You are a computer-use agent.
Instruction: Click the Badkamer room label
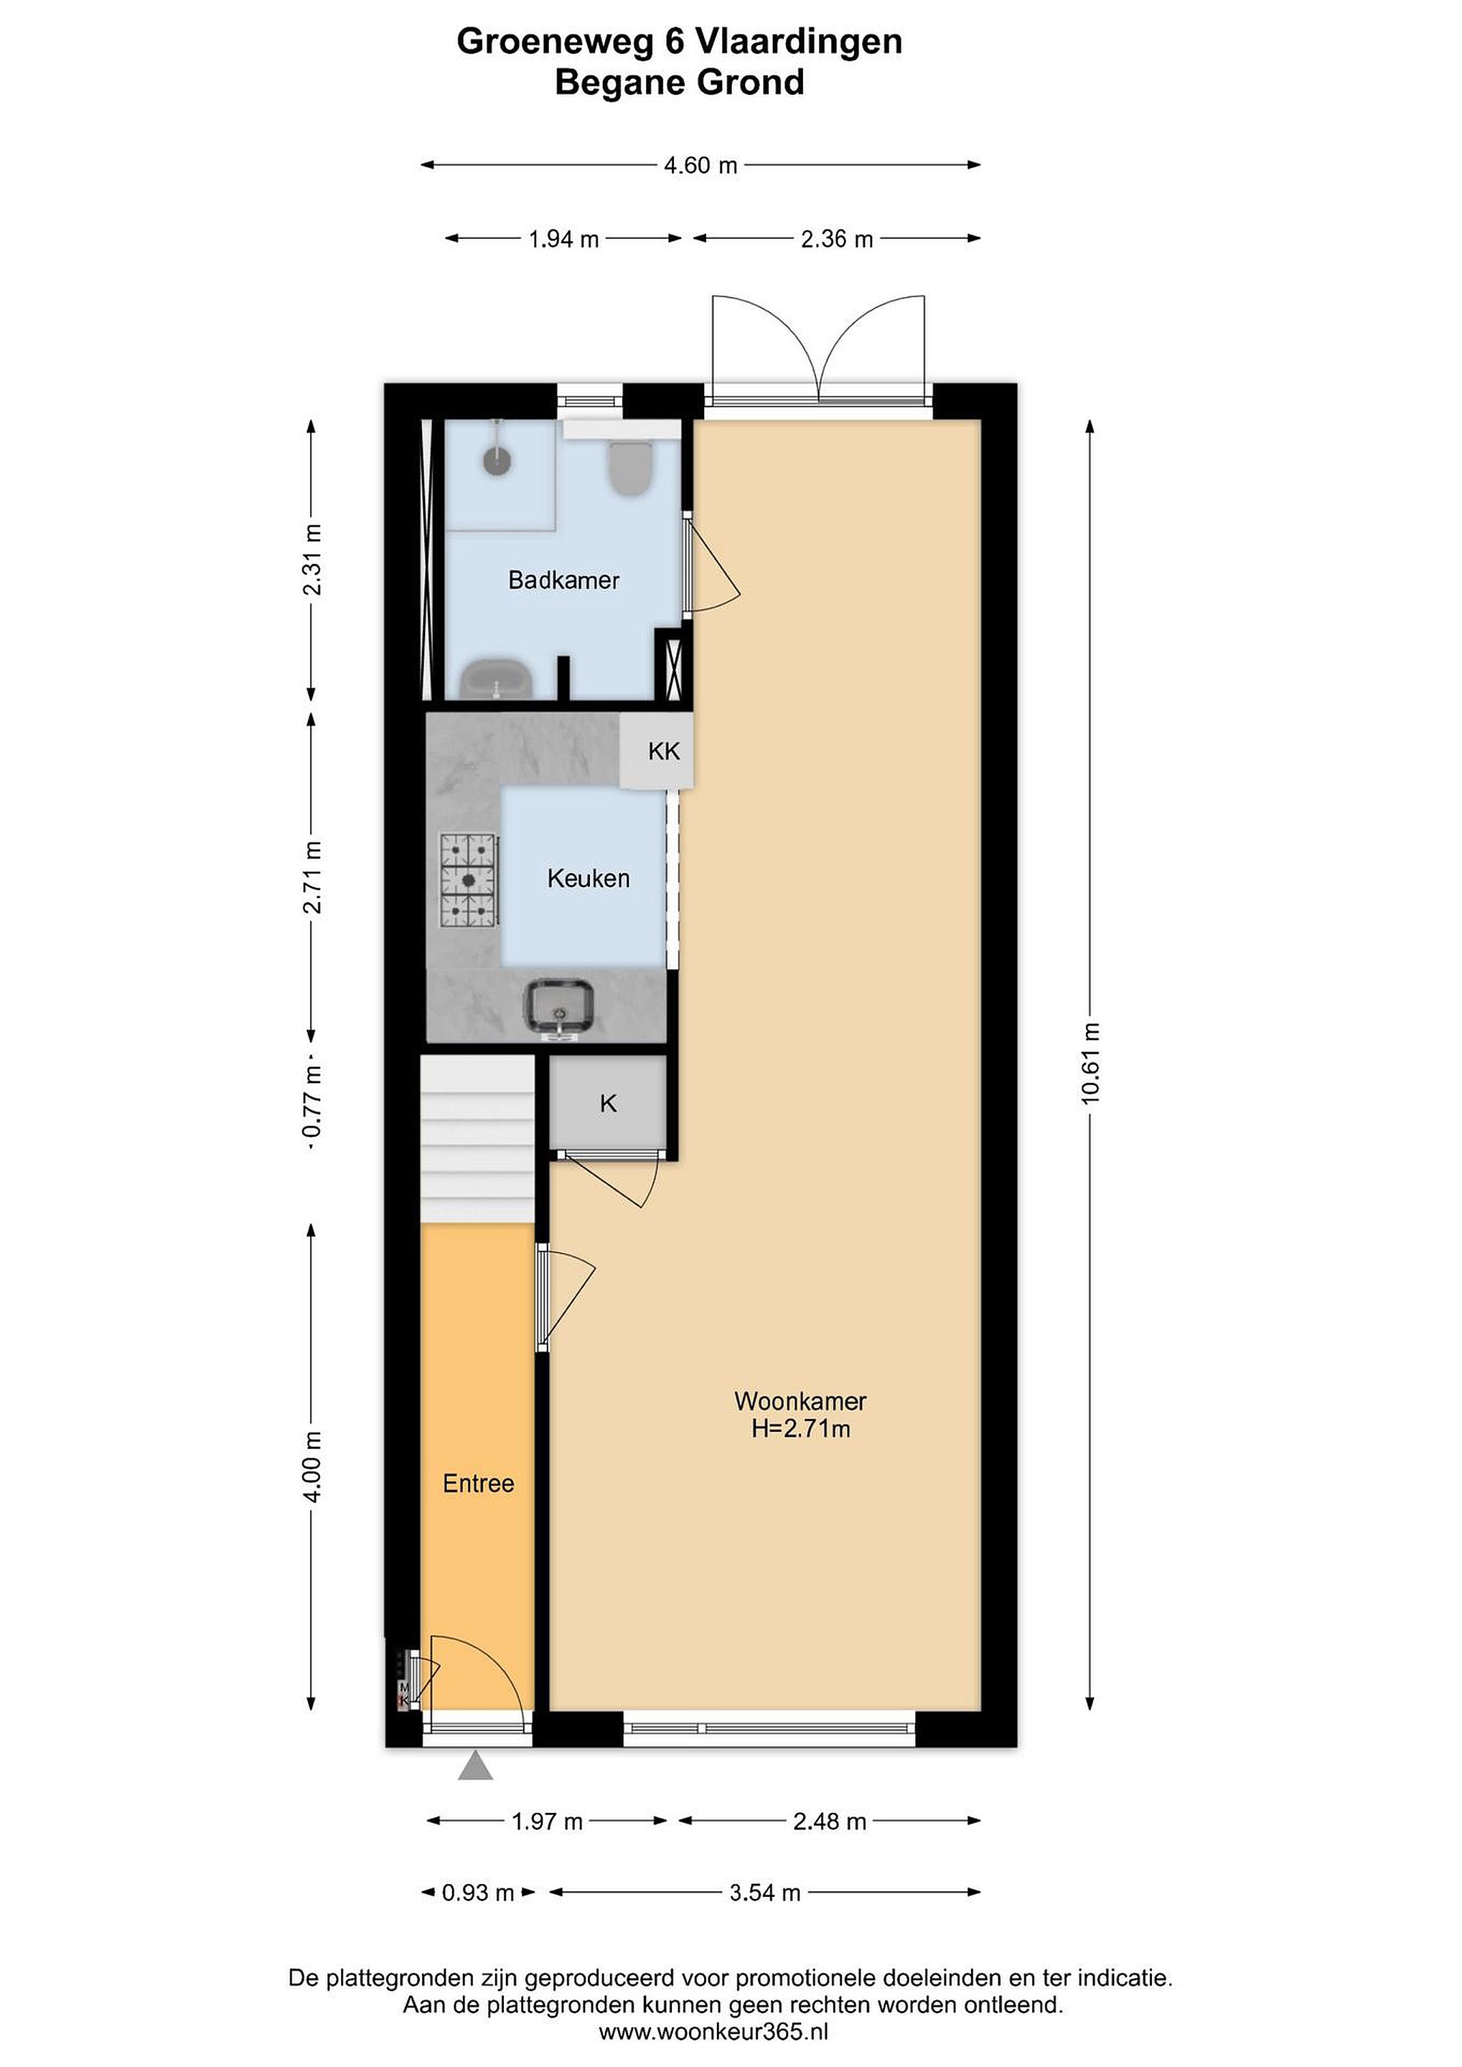coord(563,580)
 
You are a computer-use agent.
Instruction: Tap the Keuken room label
coord(588,878)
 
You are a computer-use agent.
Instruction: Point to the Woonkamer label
coord(800,1401)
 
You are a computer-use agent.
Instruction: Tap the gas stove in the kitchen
coord(469,880)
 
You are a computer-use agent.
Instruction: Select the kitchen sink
coord(559,1009)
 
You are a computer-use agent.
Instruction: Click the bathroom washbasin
coord(496,680)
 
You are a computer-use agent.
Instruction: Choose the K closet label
coord(609,1104)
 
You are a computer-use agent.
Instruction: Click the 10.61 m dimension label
coord(1091,1063)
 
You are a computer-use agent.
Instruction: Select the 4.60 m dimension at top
coord(700,166)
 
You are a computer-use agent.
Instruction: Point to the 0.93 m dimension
coord(478,1893)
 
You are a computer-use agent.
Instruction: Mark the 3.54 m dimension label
coord(765,1893)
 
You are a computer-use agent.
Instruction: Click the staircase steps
coord(478,1139)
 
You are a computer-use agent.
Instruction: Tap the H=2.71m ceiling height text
coord(801,1429)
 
